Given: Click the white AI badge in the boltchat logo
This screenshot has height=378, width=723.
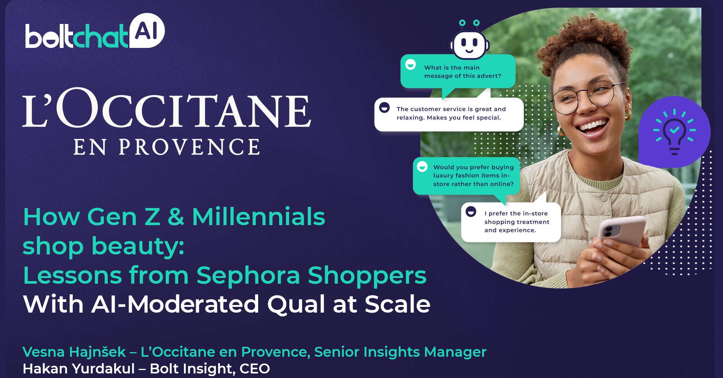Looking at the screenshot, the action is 147,30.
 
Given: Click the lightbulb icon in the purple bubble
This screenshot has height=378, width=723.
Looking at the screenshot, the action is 674,132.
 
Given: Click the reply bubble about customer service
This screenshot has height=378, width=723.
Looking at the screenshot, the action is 449,114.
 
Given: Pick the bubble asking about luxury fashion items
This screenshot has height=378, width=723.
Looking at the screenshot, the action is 466,176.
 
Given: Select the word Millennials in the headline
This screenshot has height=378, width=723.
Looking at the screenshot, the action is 259,217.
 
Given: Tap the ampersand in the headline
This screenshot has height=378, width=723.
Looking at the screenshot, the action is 176,217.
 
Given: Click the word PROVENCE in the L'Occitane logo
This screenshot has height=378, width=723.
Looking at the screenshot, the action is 189,147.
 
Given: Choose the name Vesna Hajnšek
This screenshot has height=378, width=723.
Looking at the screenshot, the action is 74,352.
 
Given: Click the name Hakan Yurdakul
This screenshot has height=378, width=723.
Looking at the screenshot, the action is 79,368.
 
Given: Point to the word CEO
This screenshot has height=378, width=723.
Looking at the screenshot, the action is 255,368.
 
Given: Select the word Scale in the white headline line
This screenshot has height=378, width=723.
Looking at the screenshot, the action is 397,304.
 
